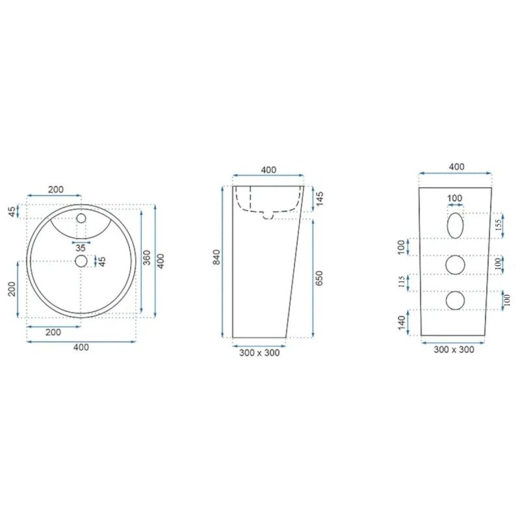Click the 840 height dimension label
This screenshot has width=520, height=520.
coord(216,257)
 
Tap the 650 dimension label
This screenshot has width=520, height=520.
coord(318,278)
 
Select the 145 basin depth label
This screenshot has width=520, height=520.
coord(320,199)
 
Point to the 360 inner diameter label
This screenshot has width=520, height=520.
coord(148,257)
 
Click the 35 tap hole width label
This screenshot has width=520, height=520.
coord(81,248)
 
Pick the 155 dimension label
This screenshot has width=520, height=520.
coord(499,226)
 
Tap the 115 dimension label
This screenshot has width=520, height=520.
coord(401,282)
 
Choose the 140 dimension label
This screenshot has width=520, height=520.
coord(401,323)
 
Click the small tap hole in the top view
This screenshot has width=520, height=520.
coord(81,218)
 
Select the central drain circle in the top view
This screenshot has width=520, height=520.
coord(81,261)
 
